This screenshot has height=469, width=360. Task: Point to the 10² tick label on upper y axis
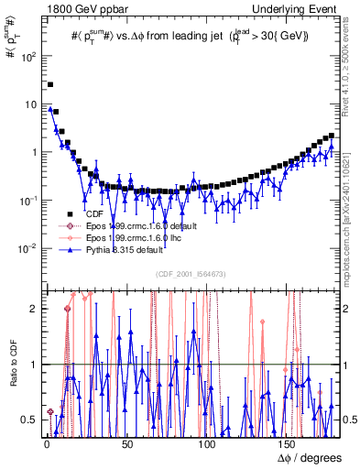[28, 56]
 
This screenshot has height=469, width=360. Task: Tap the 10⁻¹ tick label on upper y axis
[28, 200]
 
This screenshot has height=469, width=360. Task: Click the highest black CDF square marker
[50, 84]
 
